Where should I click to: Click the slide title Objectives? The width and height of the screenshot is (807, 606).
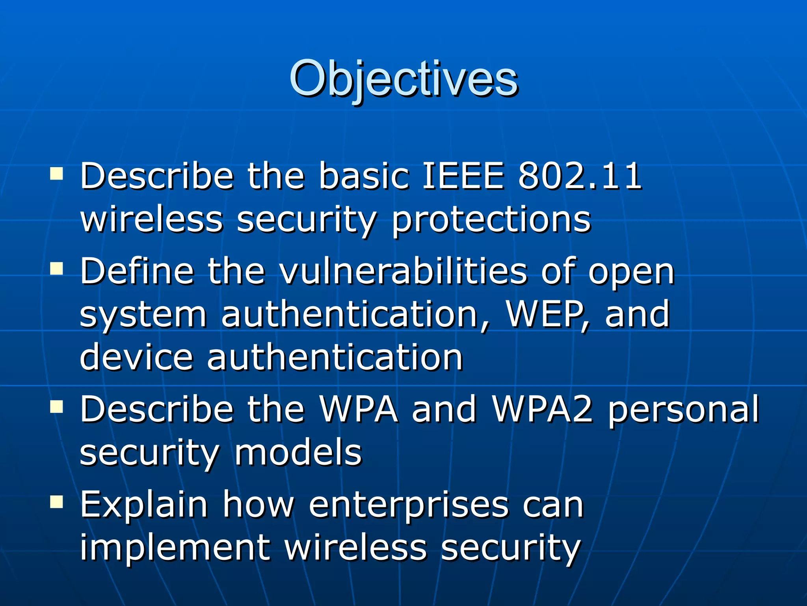403,79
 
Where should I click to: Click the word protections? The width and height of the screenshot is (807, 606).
491,220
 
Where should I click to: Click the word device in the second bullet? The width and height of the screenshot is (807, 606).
136,357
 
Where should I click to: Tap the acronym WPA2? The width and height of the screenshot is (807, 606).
543,409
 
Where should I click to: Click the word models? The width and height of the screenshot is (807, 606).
298,452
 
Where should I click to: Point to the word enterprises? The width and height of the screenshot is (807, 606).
409,506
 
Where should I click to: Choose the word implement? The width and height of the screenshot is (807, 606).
175,548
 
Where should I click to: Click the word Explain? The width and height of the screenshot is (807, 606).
144,505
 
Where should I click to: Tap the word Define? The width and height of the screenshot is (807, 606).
137,271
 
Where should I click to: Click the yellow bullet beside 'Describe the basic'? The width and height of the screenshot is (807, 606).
57,174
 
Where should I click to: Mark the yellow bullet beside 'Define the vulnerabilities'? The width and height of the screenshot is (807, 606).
57,269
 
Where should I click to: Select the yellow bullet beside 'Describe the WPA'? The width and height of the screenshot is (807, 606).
57,406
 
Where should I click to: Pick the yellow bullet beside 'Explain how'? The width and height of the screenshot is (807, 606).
57,502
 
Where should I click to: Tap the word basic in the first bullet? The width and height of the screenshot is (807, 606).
364,176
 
